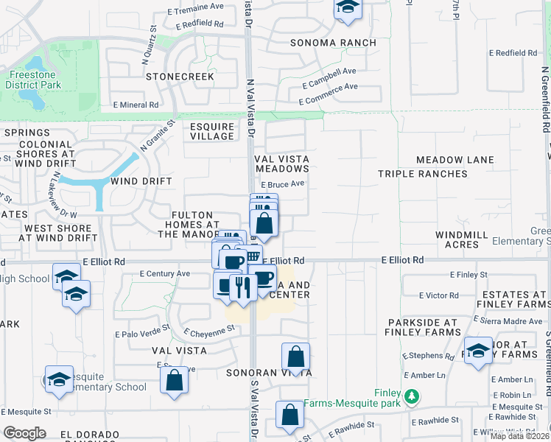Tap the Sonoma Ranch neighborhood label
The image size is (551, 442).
point(333,43)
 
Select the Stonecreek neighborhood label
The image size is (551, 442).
point(180,77)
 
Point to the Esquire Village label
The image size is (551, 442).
point(212,131)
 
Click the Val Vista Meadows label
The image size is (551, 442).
point(281,164)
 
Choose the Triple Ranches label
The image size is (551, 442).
point(422,174)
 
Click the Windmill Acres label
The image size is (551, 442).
point(462,239)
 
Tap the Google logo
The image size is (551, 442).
point(24,433)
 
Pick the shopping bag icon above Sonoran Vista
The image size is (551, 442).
point(295,357)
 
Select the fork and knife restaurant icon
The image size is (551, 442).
point(243,286)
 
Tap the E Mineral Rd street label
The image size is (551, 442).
point(135,105)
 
